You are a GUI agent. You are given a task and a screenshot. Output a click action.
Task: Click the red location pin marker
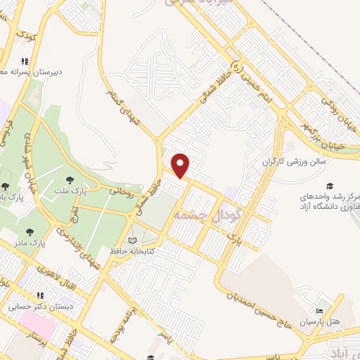click(x=181, y=165)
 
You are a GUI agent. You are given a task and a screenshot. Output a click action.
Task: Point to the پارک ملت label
click(x=71, y=190)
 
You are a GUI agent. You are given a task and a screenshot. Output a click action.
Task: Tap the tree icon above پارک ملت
click(x=71, y=179)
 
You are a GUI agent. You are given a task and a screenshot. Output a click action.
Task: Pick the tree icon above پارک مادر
click(x=29, y=231)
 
